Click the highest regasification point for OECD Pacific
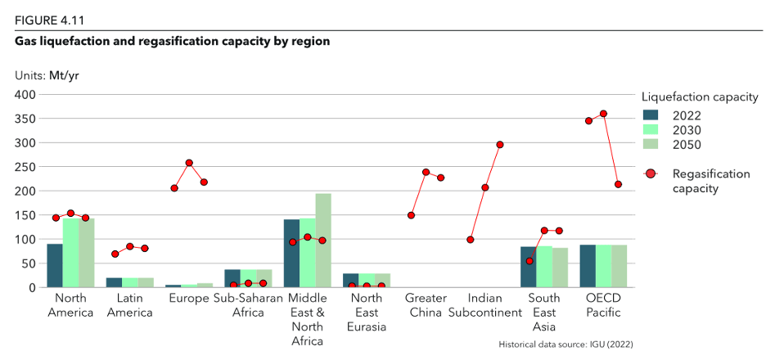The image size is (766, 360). coord(603,114)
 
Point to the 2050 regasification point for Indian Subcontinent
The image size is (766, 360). coord(500,145)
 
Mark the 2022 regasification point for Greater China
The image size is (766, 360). coord(411,215)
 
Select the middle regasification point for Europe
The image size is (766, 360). coord(189,163)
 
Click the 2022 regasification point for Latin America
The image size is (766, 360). coord(115,254)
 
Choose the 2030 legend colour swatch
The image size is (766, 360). coord(651,129)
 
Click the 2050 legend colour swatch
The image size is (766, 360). coord(651,144)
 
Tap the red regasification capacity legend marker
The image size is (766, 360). coord(651,173)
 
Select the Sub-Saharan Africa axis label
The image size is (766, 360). coord(248,305)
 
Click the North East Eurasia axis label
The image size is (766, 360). coord(367,313)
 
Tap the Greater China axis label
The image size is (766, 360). coord(425,305)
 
